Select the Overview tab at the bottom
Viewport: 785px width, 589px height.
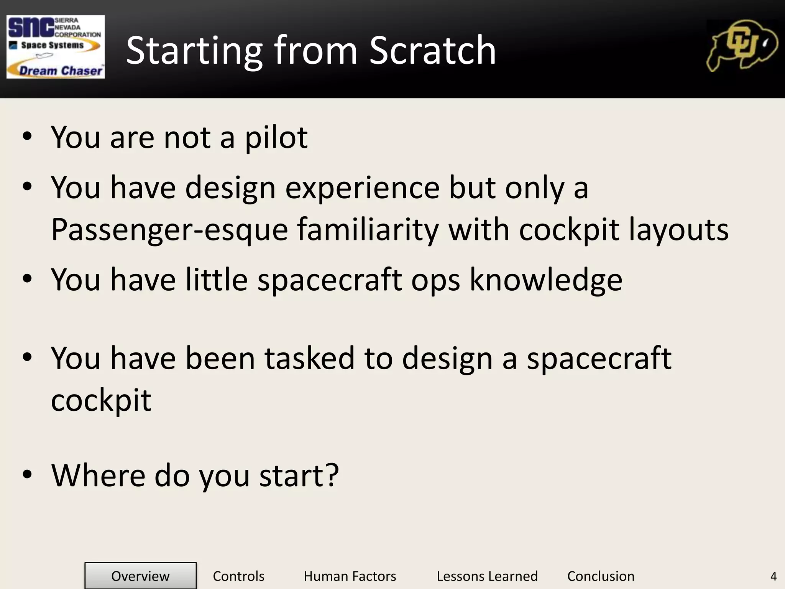point(140,576)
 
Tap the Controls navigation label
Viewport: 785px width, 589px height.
point(238,576)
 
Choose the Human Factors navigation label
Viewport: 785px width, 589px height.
point(350,576)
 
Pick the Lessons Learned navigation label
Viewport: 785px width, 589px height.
point(487,576)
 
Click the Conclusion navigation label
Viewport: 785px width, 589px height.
point(601,576)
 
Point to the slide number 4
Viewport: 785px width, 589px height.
point(773,576)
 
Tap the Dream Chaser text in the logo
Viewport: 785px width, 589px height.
point(61,71)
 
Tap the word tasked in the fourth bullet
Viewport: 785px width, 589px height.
point(309,359)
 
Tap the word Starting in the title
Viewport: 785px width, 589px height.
point(194,51)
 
